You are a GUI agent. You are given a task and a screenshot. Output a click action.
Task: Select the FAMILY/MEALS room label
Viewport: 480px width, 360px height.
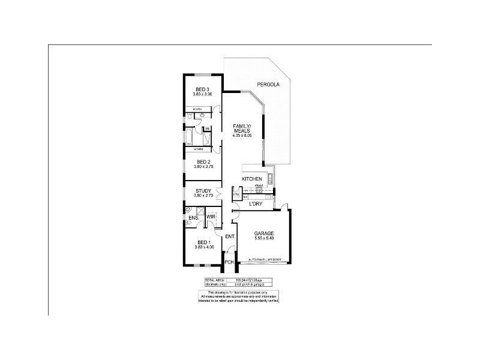click(x=242, y=128)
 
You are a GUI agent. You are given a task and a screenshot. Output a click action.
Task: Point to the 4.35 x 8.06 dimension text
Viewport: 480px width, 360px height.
click(x=242, y=136)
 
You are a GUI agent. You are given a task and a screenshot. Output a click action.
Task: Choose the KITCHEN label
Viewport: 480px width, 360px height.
click(x=251, y=179)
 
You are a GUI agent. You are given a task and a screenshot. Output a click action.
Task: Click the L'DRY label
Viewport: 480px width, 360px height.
click(x=257, y=205)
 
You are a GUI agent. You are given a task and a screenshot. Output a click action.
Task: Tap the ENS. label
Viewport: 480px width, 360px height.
click(x=193, y=217)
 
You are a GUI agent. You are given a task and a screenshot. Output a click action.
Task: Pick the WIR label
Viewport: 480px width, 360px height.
click(x=211, y=217)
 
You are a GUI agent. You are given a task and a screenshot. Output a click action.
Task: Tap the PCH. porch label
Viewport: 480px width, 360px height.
click(x=229, y=262)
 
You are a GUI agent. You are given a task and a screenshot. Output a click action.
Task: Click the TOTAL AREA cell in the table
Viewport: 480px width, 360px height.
click(x=214, y=280)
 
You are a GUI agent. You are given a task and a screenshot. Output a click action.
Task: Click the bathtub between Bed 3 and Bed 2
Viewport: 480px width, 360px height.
click(x=190, y=136)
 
